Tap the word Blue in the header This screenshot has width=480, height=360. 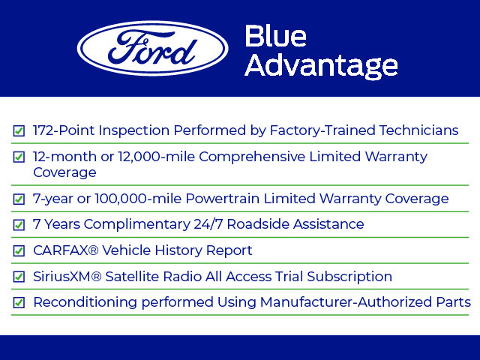(275, 37)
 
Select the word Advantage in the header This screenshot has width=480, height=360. (321, 66)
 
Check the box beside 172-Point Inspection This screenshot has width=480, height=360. (19, 131)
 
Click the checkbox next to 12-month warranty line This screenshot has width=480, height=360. (19, 157)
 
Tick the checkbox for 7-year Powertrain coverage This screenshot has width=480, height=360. (19, 199)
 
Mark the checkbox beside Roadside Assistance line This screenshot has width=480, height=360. (19, 225)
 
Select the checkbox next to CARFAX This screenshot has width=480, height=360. (19, 251)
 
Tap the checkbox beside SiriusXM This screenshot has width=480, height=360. (19, 277)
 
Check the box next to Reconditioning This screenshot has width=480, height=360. (19, 303)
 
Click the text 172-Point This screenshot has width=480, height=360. (64, 130)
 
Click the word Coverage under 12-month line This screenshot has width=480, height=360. (64, 172)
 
